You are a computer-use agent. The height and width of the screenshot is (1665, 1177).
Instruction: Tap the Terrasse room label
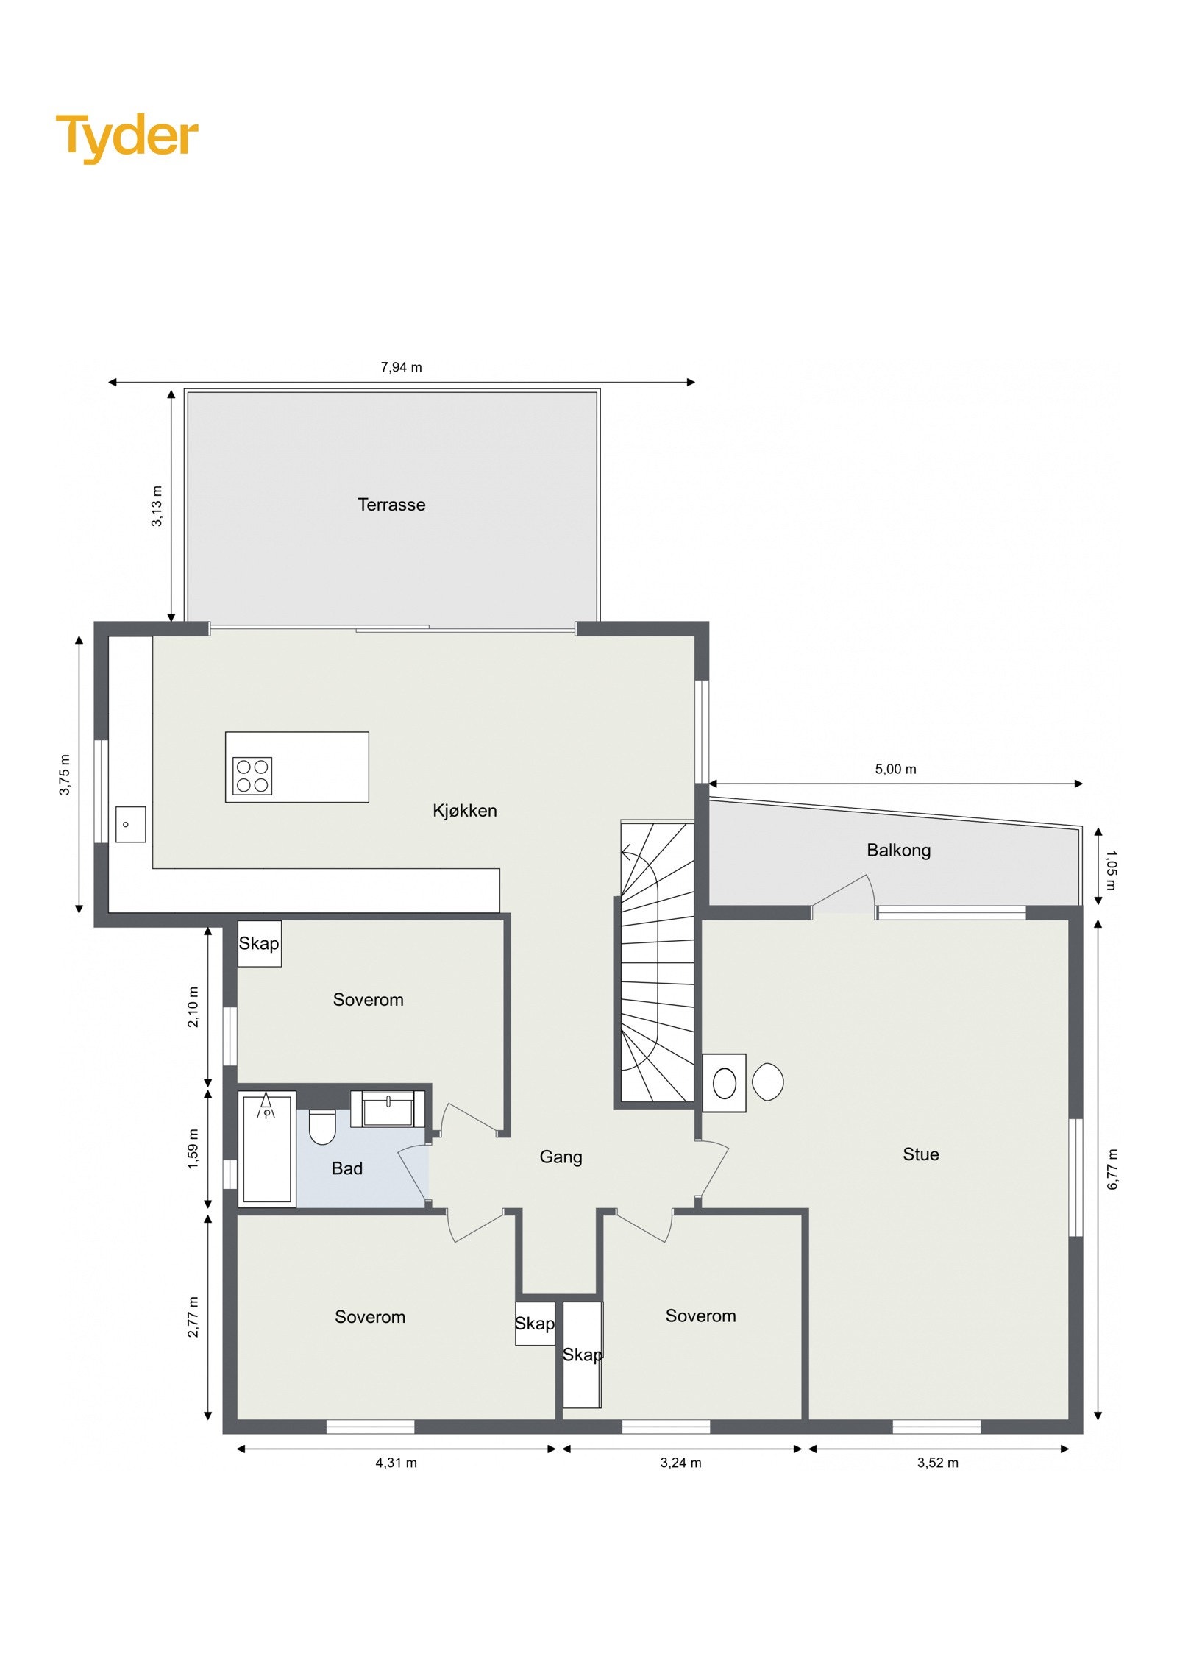[391, 505]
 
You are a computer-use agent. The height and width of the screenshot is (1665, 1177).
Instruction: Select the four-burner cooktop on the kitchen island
[252, 775]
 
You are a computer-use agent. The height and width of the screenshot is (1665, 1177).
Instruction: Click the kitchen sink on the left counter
[130, 824]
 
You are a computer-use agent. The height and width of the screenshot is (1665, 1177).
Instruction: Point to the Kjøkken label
[464, 810]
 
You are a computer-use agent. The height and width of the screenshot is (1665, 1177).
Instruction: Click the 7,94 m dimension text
[401, 367]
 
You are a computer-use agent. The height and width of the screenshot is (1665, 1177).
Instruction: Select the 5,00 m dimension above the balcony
[895, 769]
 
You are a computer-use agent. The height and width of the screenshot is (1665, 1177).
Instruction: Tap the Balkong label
[897, 850]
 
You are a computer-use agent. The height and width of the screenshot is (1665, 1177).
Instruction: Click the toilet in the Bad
[322, 1126]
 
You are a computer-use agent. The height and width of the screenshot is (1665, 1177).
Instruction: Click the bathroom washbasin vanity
[388, 1109]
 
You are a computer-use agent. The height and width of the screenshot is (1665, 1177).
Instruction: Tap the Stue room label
[920, 1154]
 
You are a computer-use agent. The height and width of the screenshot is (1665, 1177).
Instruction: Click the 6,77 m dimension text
[1112, 1168]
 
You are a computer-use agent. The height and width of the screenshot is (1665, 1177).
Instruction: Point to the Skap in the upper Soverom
[259, 943]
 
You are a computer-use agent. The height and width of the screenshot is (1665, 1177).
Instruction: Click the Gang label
[561, 1157]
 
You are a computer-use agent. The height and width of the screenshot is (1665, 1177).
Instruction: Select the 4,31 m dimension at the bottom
[396, 1463]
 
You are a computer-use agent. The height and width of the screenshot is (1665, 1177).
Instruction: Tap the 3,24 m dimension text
[680, 1463]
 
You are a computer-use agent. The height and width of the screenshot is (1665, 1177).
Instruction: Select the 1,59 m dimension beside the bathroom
[193, 1148]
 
